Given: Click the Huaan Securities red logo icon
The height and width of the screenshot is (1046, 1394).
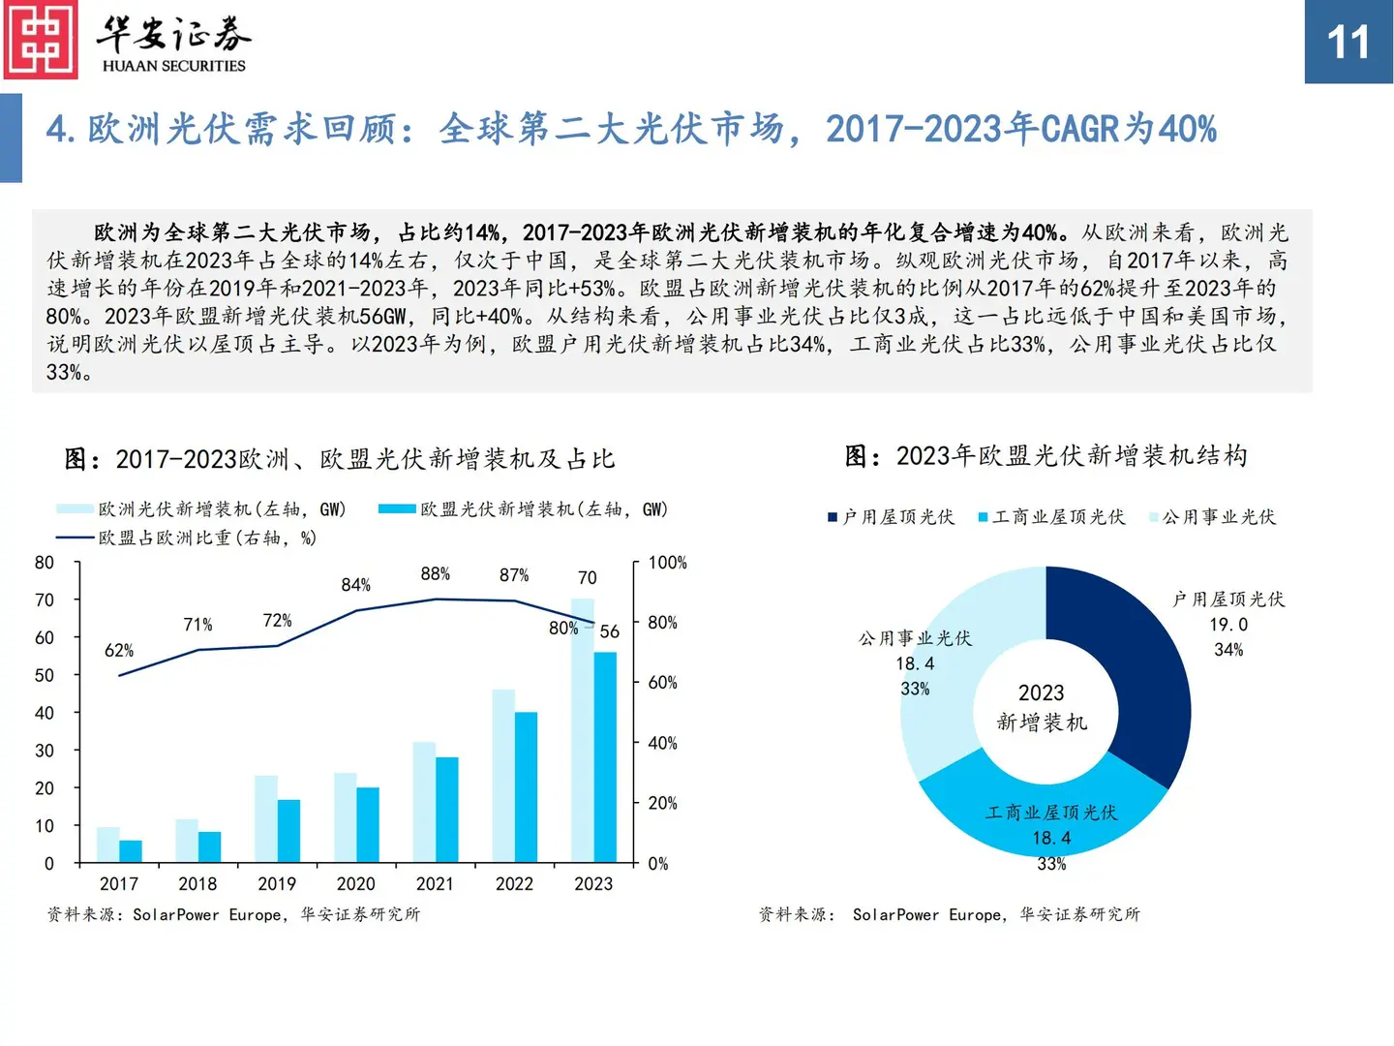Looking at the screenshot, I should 41,40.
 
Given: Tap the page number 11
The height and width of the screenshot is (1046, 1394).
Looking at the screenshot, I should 1348,43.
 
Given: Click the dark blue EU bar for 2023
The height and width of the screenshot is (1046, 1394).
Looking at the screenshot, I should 605,755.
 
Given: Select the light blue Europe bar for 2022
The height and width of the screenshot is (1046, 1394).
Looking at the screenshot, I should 502,775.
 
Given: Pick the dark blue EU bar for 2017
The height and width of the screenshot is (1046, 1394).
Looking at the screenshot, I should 131,850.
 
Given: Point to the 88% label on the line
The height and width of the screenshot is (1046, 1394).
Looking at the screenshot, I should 435,574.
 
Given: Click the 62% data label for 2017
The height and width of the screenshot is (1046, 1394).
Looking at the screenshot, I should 119,651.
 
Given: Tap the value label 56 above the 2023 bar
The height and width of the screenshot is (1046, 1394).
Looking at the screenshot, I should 609,631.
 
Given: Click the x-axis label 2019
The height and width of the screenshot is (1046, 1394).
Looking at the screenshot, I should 277,884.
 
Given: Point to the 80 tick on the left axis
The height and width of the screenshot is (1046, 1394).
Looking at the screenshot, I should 45,563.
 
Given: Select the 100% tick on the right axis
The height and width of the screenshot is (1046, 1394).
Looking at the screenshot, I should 667,563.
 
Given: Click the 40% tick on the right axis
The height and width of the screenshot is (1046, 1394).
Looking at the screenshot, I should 662,743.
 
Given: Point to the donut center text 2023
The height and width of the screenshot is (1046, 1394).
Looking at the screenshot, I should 1041,693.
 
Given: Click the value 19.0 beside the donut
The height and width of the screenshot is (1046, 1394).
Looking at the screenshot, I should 1228,625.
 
